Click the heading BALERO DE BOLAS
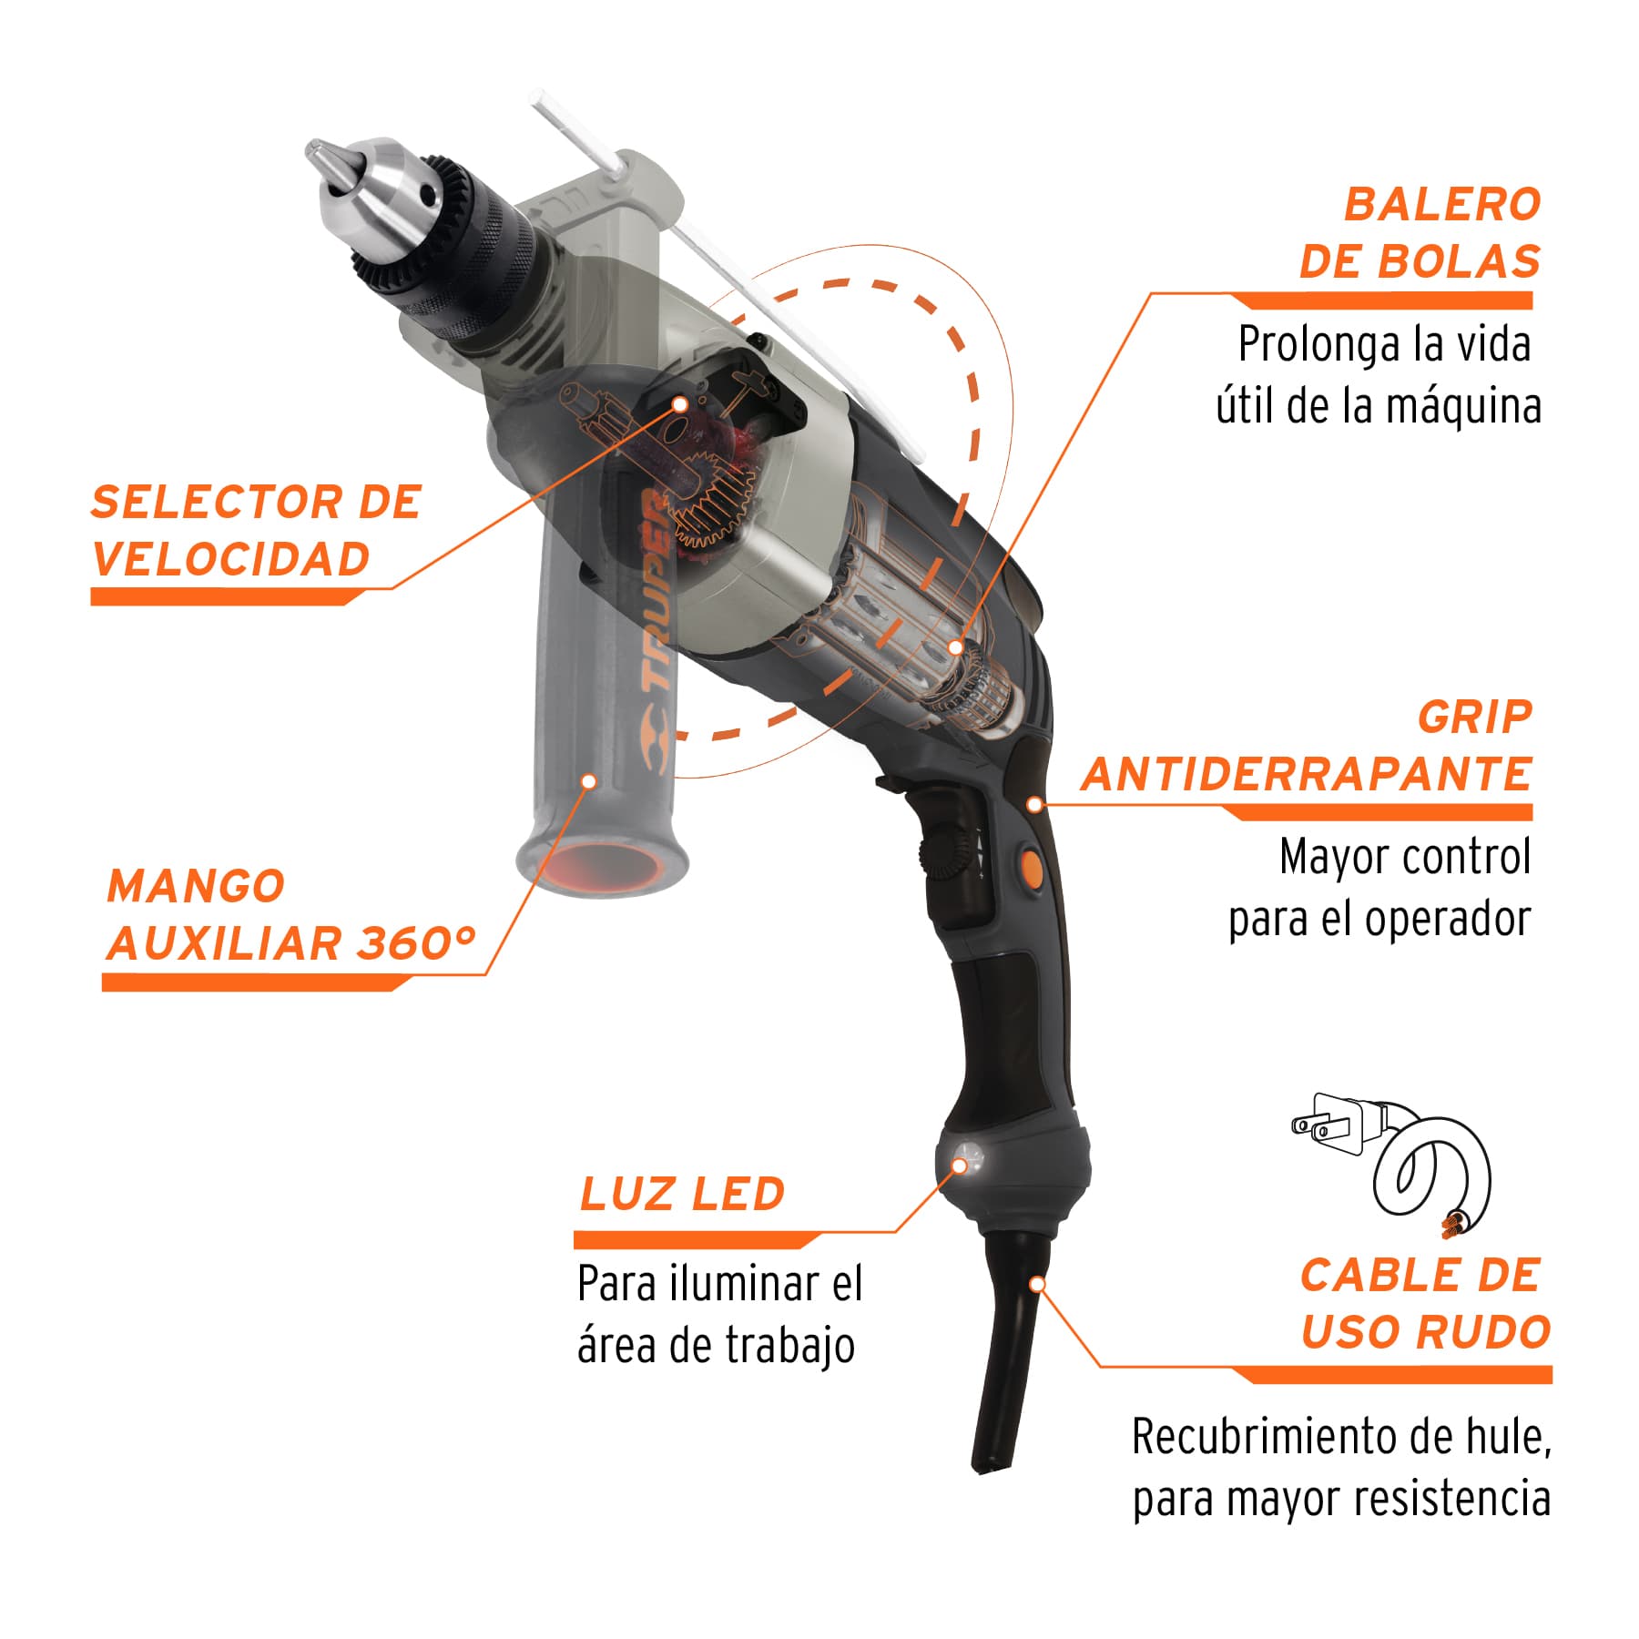(1420, 232)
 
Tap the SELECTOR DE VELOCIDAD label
(257, 530)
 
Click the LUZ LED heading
(682, 1194)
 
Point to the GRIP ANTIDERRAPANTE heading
(1308, 745)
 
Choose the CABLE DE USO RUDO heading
(1426, 1303)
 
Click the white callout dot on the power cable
(1037, 1284)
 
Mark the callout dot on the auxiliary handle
(589, 781)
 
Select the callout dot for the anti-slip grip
(1034, 804)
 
